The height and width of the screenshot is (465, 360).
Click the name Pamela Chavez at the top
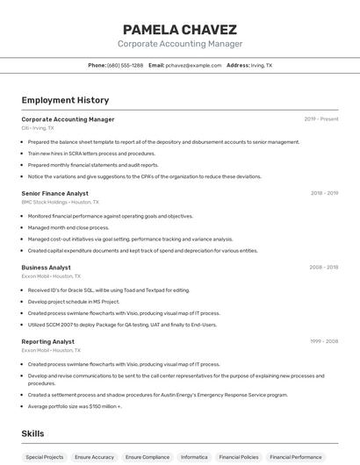pos(179,29)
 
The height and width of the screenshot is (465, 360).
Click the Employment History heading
pos(65,100)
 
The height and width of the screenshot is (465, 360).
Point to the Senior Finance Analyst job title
pos(54,193)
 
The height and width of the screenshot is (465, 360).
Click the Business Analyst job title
pos(46,267)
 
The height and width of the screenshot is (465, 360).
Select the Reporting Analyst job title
pos(47,341)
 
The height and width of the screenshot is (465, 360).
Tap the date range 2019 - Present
pos(320,118)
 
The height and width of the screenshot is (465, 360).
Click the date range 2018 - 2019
pos(324,193)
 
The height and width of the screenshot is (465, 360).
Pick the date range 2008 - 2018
pos(323,267)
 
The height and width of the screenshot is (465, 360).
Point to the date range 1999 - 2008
pos(323,341)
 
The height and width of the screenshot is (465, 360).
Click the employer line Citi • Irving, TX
pos(38,127)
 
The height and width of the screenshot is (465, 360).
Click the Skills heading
pos(32,433)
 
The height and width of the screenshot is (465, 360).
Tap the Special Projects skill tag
pos(44,457)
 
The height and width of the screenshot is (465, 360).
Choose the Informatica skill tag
pos(194,457)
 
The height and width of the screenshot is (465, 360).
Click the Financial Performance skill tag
pos(295,457)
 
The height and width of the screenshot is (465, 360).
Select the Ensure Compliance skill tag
pos(147,457)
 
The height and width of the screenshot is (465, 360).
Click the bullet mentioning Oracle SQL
pos(108,290)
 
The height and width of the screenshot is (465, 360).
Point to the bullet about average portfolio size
pos(75,406)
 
